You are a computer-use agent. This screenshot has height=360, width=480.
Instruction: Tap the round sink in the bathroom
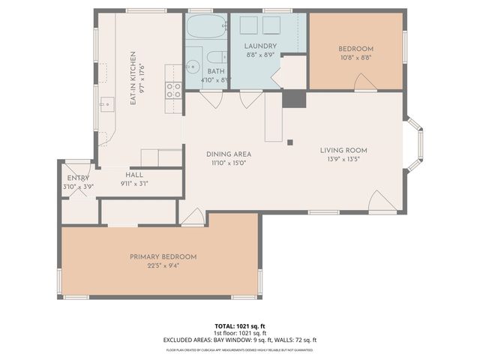pyautogui.click(x=192, y=63)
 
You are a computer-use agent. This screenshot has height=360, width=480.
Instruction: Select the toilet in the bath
pyautogui.click(x=215, y=57)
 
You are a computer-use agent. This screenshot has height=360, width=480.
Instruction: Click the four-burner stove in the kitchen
pyautogui.click(x=173, y=91)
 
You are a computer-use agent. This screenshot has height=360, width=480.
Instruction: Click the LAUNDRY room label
pyautogui.click(x=261, y=46)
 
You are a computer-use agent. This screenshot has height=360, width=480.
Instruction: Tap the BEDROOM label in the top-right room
pyautogui.click(x=356, y=49)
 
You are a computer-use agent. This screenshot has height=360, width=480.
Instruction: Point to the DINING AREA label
pyautogui.click(x=228, y=154)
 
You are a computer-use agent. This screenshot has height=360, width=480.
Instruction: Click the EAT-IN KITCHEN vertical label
pyautogui.click(x=133, y=77)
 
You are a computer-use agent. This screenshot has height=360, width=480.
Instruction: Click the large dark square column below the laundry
pyautogui.click(x=295, y=99)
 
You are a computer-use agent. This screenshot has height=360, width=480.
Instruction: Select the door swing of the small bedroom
pyautogui.click(x=365, y=83)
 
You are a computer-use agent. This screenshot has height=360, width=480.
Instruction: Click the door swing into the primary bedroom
pyautogui.click(x=193, y=217)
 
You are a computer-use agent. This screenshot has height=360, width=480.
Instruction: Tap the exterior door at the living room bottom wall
pyautogui.click(x=382, y=201)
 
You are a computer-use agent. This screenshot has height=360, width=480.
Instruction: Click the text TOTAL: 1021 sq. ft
pyautogui.click(x=240, y=326)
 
